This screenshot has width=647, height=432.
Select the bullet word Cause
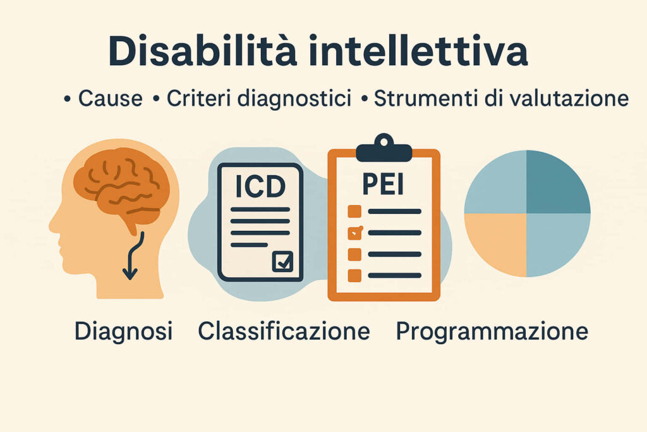(110, 99)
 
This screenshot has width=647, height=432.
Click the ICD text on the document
(260, 186)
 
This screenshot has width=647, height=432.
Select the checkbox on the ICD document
(282, 262)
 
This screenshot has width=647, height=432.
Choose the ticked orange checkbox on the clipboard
(355, 233)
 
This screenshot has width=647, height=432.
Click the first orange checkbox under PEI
(354, 211)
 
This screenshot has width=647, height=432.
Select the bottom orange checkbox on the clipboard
(354, 276)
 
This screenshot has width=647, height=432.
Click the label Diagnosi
(123, 331)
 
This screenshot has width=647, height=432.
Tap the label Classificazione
(284, 331)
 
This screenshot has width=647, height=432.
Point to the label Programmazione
(492, 331)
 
